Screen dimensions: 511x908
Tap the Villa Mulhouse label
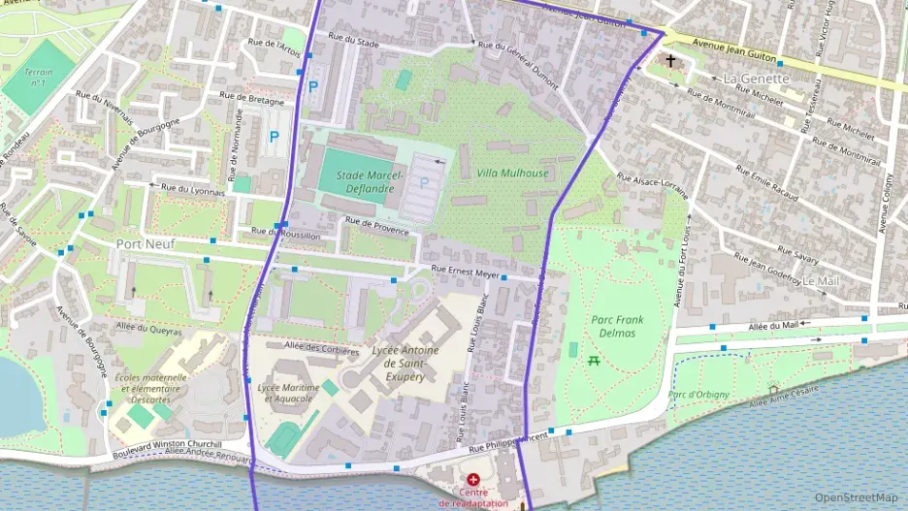pyautogui.click(x=512, y=174)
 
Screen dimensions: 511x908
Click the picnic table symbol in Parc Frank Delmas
pyautogui.click(x=593, y=360)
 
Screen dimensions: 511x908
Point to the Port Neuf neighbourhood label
pyautogui.click(x=145, y=244)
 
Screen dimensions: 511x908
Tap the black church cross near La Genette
pyautogui.click(x=670, y=60)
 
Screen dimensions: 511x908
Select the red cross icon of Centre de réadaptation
pyautogui.click(x=472, y=480)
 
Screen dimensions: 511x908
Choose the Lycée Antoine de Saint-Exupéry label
pyautogui.click(x=405, y=363)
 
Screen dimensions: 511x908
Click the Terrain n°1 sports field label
pyautogui.click(x=38, y=77)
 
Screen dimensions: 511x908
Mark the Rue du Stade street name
pyautogui.click(x=353, y=41)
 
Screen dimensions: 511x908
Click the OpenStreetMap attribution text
pyautogui.click(x=857, y=497)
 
